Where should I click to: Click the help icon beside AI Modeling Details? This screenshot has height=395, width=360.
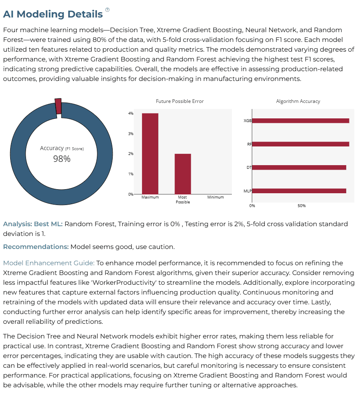(x=107, y=10)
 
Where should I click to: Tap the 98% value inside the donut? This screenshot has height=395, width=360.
(x=62, y=159)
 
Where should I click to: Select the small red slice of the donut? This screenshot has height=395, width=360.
(x=58, y=106)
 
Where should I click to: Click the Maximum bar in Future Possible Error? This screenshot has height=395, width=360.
(x=150, y=154)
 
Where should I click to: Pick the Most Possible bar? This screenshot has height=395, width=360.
(x=183, y=174)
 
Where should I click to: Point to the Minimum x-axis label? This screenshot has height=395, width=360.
(x=216, y=197)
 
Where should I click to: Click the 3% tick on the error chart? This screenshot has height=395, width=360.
(x=131, y=133)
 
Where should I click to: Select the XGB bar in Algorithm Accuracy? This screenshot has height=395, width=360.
(x=301, y=121)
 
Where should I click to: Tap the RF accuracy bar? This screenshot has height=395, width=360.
(x=301, y=144)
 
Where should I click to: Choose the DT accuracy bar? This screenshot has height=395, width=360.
(x=299, y=168)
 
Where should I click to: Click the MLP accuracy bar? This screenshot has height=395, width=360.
(x=299, y=191)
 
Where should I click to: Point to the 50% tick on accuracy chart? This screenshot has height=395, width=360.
(x=301, y=206)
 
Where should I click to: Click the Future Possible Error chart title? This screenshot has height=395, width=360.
(x=180, y=101)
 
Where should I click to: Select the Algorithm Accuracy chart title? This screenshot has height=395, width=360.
(x=298, y=101)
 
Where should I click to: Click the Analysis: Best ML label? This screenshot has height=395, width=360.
(x=33, y=224)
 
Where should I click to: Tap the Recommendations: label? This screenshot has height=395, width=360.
(x=36, y=247)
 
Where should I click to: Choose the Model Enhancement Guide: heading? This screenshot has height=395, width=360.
(x=49, y=263)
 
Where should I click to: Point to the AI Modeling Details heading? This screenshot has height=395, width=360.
(x=53, y=14)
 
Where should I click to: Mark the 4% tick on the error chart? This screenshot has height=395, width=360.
(x=131, y=113)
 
